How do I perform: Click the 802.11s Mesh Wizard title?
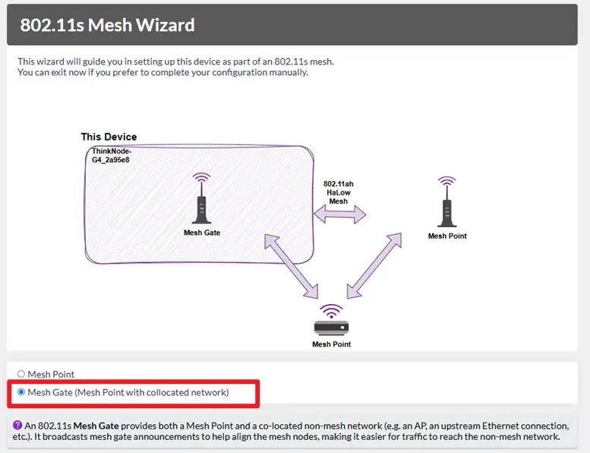point(107,25)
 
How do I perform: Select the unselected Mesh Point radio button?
point(21,374)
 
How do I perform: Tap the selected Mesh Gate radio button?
point(21,392)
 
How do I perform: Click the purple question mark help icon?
point(17,425)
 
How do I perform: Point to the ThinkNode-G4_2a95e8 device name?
point(112,156)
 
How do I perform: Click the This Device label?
point(109,137)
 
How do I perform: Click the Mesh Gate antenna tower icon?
point(202,198)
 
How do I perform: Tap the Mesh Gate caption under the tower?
point(202,233)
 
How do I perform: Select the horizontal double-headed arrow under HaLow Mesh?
point(339,214)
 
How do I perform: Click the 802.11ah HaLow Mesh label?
point(338,192)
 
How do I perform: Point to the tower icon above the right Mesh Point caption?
point(447,202)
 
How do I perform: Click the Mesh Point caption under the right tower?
point(447,236)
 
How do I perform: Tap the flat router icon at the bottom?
point(332,328)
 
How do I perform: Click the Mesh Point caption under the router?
point(332,344)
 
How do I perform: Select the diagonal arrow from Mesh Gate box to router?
point(292,266)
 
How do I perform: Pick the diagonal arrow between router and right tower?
point(374,266)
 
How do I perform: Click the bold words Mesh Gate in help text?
point(96,426)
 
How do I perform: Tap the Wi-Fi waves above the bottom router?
point(332,311)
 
